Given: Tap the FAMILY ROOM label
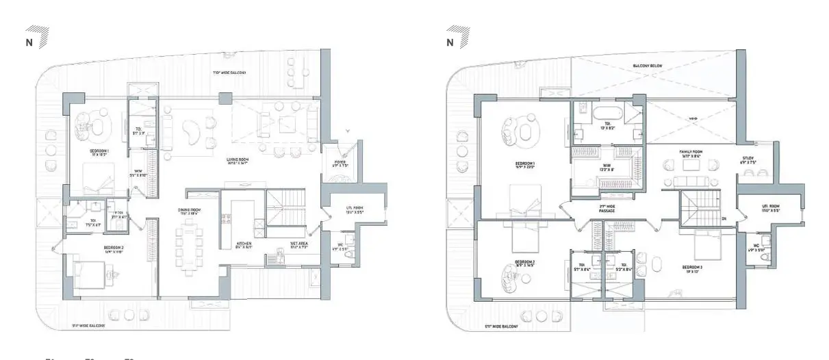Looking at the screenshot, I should [x=691, y=153].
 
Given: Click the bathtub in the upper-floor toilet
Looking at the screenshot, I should [x=607, y=112].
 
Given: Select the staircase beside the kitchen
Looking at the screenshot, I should [x=283, y=208].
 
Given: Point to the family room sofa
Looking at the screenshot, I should [x=691, y=181].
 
